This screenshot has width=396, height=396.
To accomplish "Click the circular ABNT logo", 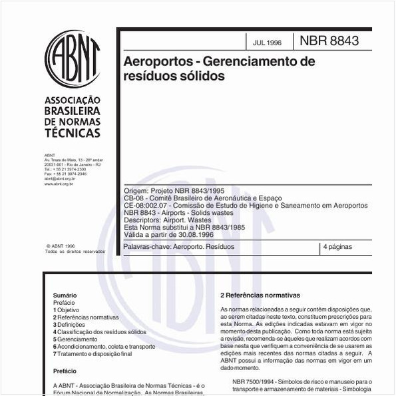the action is pyautogui.click(x=73, y=58).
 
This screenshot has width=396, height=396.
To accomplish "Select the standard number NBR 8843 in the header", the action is pyautogui.click(x=329, y=41).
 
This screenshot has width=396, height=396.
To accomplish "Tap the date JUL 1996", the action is pyautogui.click(x=267, y=43).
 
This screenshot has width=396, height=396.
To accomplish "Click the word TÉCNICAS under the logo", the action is pyautogui.click(x=72, y=132).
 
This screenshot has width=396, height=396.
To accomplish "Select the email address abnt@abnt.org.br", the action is pyautogui.click(x=59, y=178).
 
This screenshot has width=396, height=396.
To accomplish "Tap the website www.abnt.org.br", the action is pyautogui.click(x=59, y=183).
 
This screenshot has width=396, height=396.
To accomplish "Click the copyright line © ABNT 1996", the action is pyautogui.click(x=61, y=245).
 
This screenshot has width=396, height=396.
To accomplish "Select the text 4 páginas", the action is pyautogui.click(x=337, y=247).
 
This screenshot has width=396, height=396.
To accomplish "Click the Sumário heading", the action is pyautogui.click(x=65, y=295).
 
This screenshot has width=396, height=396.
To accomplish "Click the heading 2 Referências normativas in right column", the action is pyautogui.click(x=260, y=295).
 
